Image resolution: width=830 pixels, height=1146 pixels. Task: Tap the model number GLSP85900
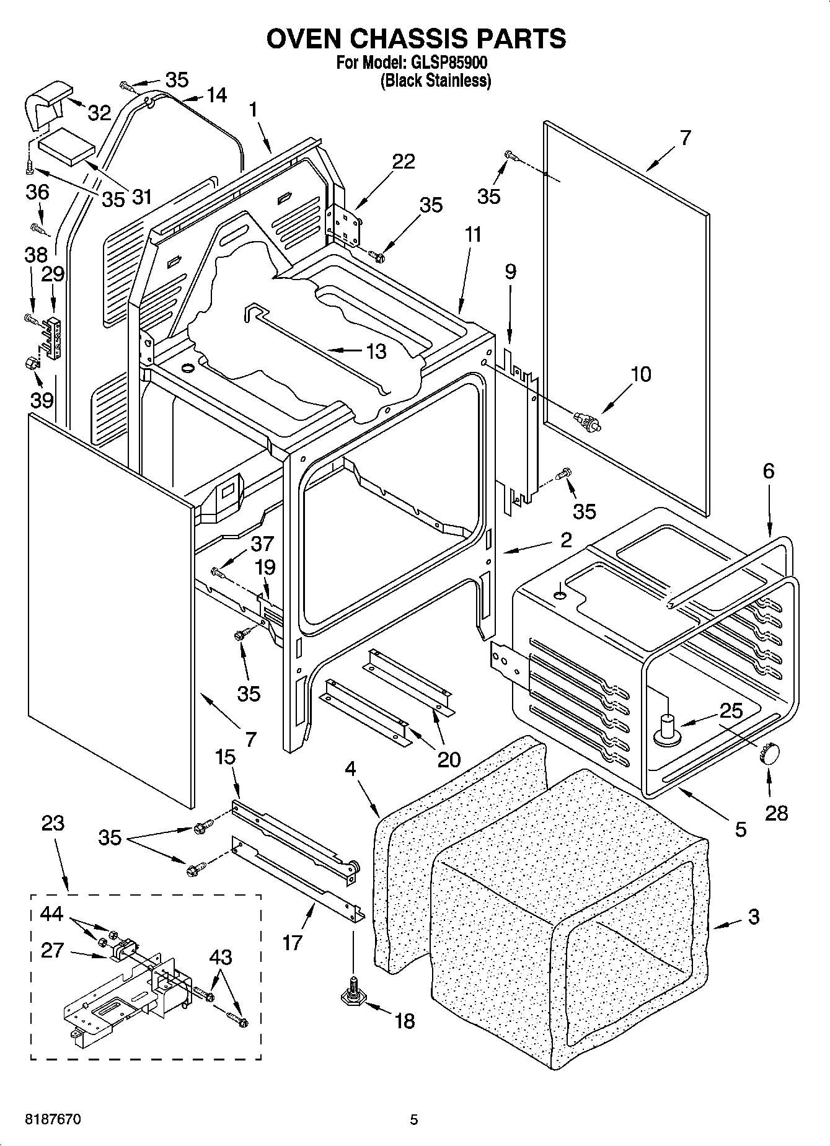click(x=446, y=63)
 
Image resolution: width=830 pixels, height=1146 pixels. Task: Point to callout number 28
click(x=776, y=813)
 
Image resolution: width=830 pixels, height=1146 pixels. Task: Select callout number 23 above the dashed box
click(x=53, y=823)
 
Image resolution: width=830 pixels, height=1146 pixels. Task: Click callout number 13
click(x=376, y=351)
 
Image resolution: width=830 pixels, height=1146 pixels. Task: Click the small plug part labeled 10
click(x=586, y=421)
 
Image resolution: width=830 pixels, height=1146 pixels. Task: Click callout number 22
click(x=404, y=161)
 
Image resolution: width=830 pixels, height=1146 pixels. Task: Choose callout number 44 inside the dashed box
click(x=52, y=913)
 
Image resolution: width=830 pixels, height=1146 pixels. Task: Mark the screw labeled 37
click(x=216, y=571)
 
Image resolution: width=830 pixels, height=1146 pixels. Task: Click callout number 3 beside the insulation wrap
click(x=753, y=917)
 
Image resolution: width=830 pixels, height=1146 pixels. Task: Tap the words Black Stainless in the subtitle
click(x=435, y=81)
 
